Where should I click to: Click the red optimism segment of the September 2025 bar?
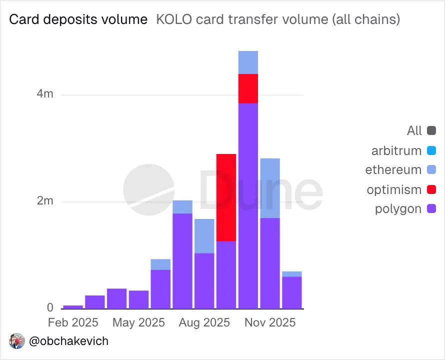pos(226,197)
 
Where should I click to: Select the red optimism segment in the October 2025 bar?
pos(248,88)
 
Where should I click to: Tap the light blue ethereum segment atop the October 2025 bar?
pos(248,62)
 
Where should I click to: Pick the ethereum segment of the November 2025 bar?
pos(270,188)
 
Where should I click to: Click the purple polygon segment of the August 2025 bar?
pos(204,280)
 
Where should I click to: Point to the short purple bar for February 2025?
pos(73,306)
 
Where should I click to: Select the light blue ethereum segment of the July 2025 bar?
pos(182,207)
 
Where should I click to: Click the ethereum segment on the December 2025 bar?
pos(292,274)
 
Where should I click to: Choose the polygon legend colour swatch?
pos(432,209)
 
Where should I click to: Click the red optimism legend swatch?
pos(432,189)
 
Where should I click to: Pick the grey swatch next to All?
pos(432,131)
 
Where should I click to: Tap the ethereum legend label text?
pos(393,170)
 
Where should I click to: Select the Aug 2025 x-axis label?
pos(203,322)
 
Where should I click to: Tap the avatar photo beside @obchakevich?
pos(17,341)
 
